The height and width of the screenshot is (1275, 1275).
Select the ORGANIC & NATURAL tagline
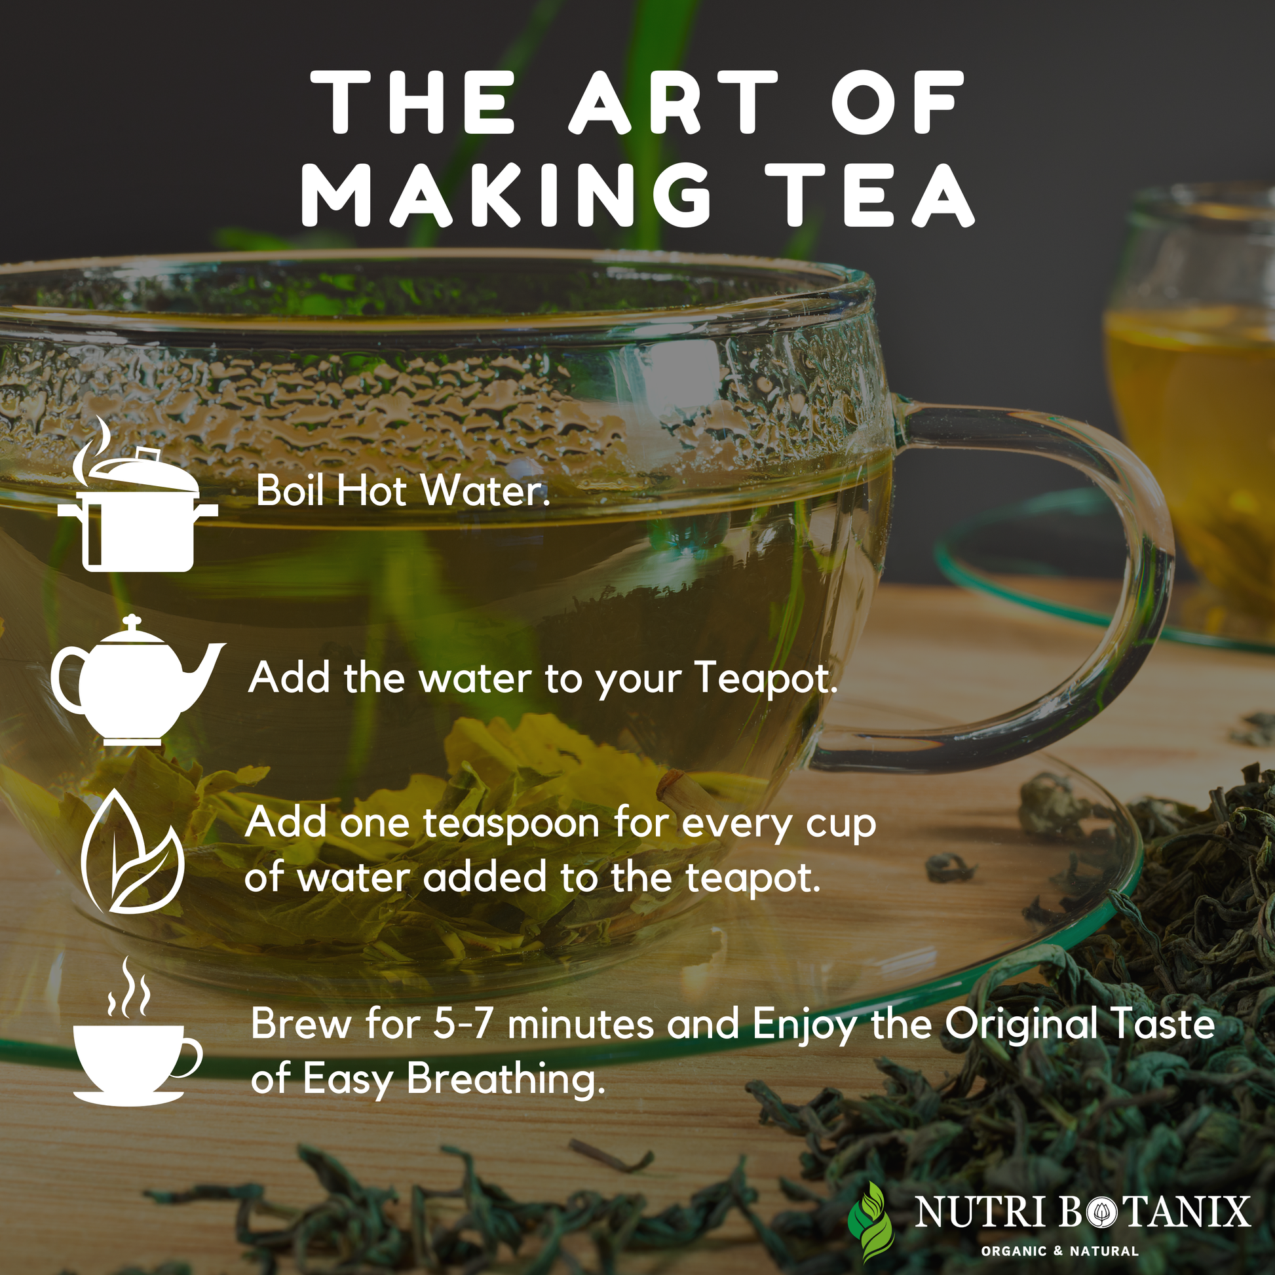[1060, 1251]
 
